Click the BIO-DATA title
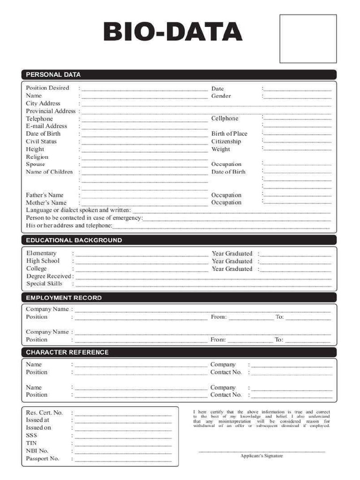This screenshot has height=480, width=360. [172, 33]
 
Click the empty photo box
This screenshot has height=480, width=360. [308, 39]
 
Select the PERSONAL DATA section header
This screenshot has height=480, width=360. [53, 75]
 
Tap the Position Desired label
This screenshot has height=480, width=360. [47, 88]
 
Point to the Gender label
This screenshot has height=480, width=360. [221, 96]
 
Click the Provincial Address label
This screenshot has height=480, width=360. [51, 111]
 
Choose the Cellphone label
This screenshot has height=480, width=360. [225, 119]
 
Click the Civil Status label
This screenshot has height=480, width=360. [41, 142]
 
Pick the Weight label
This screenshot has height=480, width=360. [221, 150]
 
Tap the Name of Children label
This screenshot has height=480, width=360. [49, 172]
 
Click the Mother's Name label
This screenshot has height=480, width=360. [46, 203]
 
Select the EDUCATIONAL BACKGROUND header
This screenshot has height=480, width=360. [74, 240]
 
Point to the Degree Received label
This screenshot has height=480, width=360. [49, 277]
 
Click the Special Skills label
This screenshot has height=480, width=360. [44, 284]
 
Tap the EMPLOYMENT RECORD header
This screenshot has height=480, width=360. [64, 298]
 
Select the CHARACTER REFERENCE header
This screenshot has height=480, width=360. [67, 352]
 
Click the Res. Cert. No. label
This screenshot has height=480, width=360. [44, 412]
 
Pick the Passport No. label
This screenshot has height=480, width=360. [42, 458]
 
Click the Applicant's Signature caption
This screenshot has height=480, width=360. [262, 456]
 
